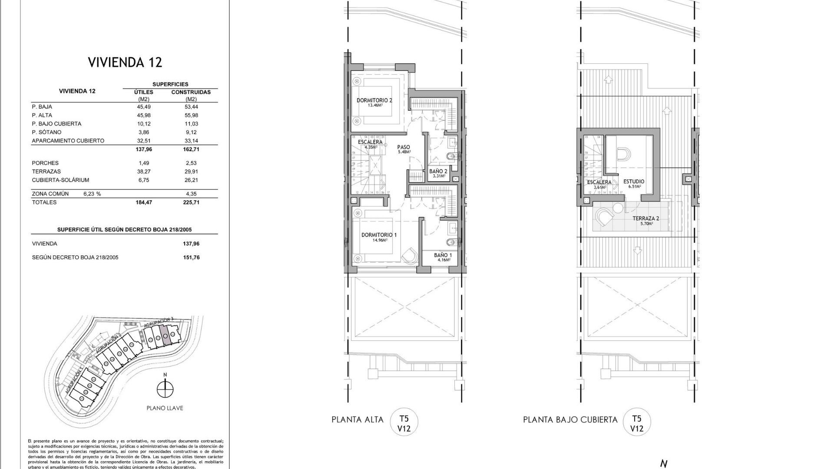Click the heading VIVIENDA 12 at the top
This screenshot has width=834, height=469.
point(125,62)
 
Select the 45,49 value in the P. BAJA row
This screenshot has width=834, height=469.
point(144,107)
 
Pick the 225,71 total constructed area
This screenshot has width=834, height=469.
point(191,202)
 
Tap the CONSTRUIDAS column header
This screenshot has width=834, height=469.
point(191,92)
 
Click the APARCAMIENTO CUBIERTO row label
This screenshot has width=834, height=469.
point(68,141)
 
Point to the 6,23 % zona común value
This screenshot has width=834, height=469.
point(92,194)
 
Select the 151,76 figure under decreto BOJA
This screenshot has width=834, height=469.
point(191,258)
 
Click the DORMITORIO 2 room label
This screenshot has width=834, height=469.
point(374,100)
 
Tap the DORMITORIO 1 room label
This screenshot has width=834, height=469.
point(379,235)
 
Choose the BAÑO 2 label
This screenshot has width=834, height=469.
point(438,172)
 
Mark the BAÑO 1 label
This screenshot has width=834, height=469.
point(443,255)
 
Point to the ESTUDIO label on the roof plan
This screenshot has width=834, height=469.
point(634,182)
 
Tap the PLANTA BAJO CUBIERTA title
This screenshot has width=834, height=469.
point(570,420)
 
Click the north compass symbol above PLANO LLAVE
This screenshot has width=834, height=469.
point(165,389)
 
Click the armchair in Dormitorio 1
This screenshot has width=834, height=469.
point(409,256)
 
